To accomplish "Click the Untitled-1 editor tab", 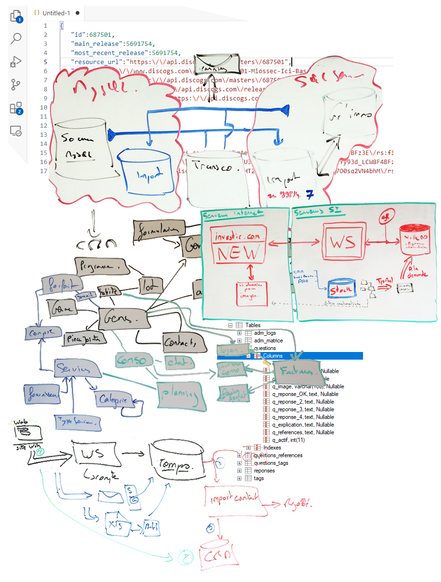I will click(x=56, y=13).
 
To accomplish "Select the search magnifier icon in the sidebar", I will click(x=16, y=38).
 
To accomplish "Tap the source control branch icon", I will click(x=16, y=85).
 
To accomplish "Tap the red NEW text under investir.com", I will click(x=239, y=252).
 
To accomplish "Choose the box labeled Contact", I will click(x=179, y=342).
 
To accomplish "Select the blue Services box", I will click(x=76, y=369).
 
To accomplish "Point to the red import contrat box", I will click(x=235, y=499).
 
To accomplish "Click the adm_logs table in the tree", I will click(x=265, y=333).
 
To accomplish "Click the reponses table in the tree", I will click(x=265, y=471).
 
